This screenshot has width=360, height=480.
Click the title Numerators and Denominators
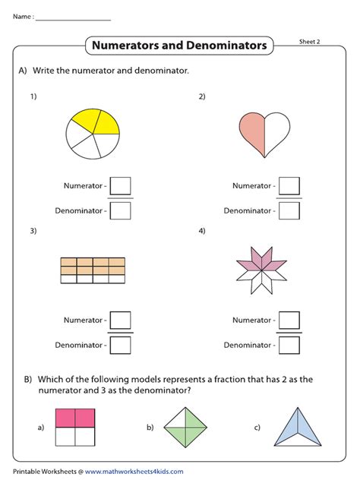tap(179, 46)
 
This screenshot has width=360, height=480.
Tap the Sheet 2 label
tap(309, 42)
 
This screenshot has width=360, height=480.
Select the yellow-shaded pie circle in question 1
tap(93, 134)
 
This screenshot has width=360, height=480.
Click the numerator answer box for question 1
tap(121, 185)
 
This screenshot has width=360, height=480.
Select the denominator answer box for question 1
tap(121, 210)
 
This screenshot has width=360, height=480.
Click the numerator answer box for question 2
tap(289, 185)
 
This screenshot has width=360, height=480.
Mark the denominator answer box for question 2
tap(289, 210)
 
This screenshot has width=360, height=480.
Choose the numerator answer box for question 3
tap(121, 321)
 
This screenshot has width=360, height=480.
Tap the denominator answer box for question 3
tap(121, 345)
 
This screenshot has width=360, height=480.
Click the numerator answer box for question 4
tap(289, 321)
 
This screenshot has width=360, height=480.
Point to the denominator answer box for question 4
tap(289, 345)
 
